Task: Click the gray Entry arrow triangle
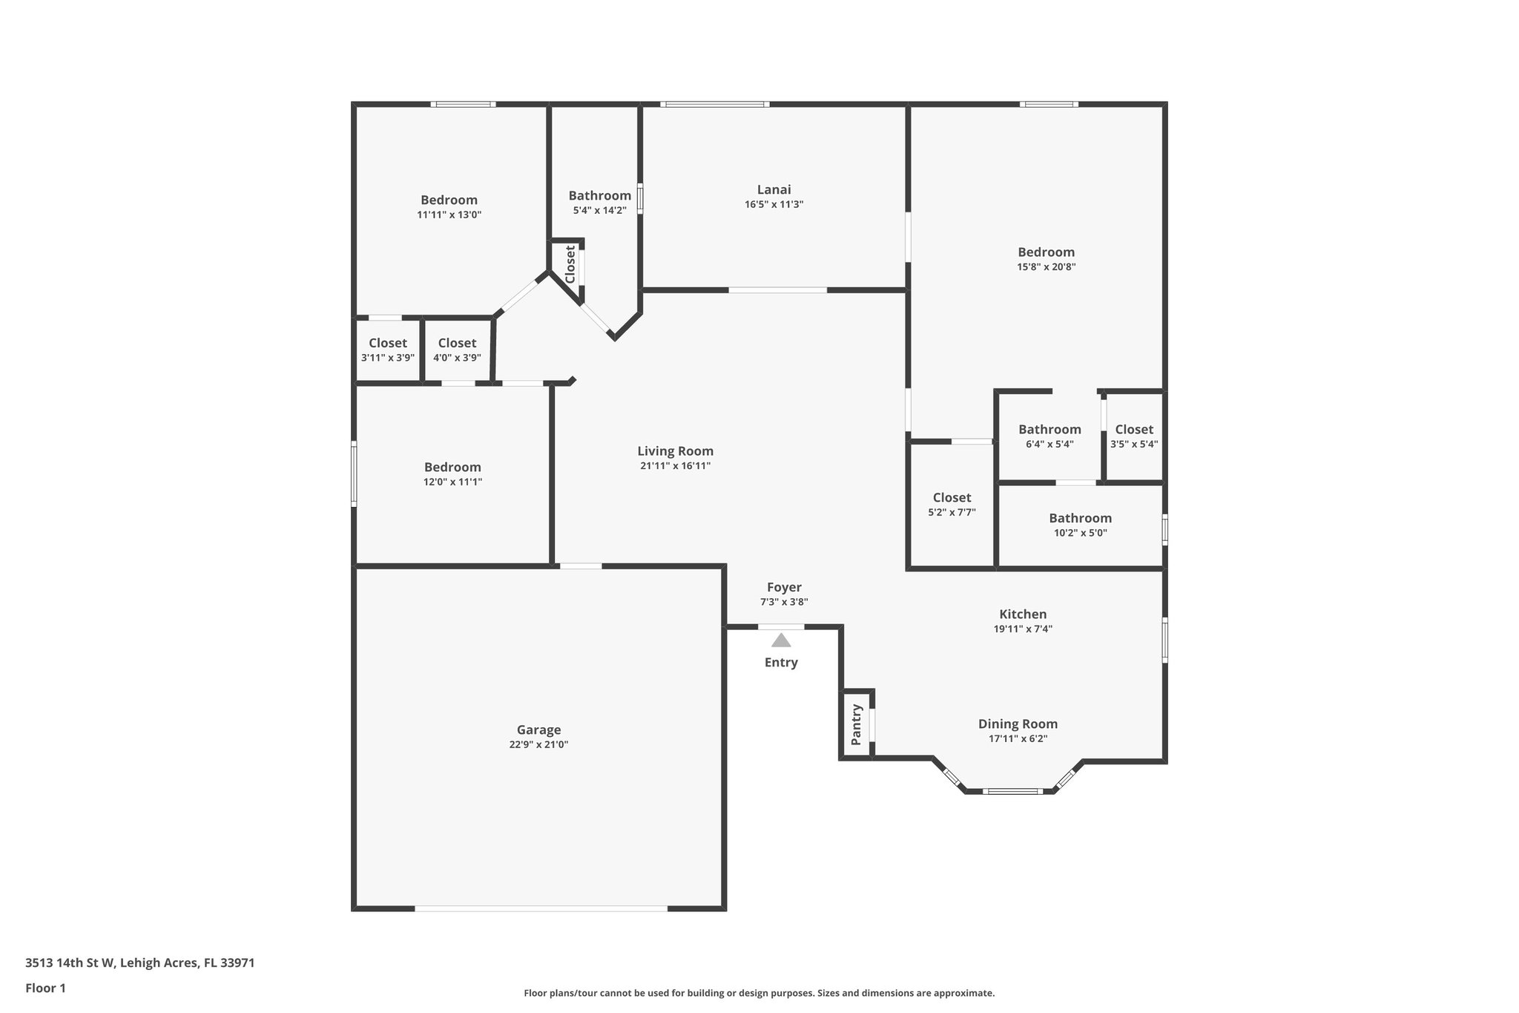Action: [x=781, y=640]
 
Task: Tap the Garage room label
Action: [x=538, y=730]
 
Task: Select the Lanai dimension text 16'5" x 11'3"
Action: [x=774, y=205]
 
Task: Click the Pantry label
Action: [x=857, y=724]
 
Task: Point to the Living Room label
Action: [x=675, y=450]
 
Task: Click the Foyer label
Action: [x=784, y=587]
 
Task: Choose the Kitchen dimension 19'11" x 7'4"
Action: [x=1023, y=629]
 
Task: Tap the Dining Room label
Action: [x=1018, y=724]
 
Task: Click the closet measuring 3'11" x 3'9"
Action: [x=387, y=350]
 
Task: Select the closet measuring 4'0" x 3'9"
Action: [x=457, y=350]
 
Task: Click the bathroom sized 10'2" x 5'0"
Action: [x=1080, y=525]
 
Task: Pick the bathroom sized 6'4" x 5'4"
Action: [x=1050, y=436]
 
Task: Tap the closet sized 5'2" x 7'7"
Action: [x=952, y=504]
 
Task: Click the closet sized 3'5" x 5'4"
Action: [x=1133, y=436]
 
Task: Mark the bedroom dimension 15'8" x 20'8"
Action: [x=1046, y=267]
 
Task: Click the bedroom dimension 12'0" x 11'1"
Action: [x=452, y=482]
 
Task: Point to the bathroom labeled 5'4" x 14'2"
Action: [x=599, y=203]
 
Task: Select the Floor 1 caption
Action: [x=45, y=989]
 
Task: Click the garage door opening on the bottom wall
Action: [x=541, y=908]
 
